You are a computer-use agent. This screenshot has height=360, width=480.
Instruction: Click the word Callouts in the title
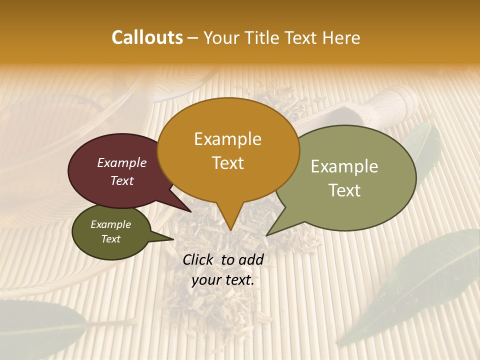point(147,37)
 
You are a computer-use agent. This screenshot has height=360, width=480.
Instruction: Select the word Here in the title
point(341,37)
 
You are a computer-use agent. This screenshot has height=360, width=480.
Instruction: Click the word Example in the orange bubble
point(227,139)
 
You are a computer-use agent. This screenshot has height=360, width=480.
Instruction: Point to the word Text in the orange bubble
point(227,162)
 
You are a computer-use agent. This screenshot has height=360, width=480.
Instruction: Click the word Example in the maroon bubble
point(121,162)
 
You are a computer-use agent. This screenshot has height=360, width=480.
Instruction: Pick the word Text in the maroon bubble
point(121,180)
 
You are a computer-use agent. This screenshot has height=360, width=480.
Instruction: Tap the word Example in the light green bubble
point(344,166)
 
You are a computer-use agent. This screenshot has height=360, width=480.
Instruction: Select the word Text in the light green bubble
point(344,190)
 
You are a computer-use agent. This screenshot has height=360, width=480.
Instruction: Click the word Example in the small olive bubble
point(110,224)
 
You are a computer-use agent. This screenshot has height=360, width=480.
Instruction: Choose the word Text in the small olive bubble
point(110,239)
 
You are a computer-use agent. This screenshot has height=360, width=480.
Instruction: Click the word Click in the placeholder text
point(198,259)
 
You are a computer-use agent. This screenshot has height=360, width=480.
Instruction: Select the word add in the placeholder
point(251,259)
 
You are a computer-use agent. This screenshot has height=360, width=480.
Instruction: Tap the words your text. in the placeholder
point(222,280)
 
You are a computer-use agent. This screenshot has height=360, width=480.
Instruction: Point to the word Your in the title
point(220,37)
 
